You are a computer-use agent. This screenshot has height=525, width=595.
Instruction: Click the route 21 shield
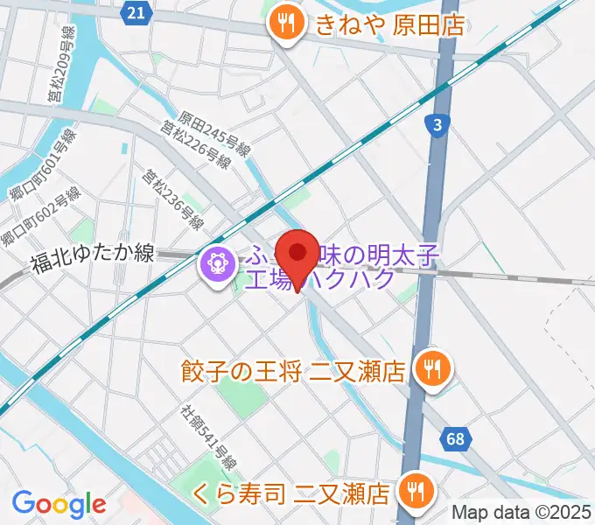coord(135,11)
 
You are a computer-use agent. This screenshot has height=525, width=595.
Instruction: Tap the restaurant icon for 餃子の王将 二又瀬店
coord(430,367)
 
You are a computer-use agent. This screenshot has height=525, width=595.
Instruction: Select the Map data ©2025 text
coord(521,513)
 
